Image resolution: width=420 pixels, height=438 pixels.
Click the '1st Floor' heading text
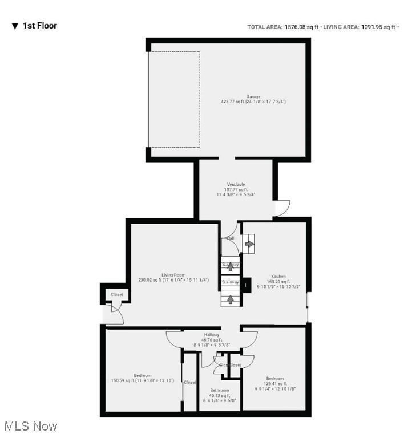click(x=39, y=26)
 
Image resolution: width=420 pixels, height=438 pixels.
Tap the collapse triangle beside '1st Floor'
click(x=15, y=26)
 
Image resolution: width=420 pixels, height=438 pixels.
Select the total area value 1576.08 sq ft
click(x=302, y=27)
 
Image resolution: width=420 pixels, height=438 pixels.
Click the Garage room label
click(x=253, y=96)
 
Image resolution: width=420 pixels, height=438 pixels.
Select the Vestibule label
click(x=236, y=185)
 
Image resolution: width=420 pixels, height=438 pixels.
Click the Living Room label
click(x=173, y=275)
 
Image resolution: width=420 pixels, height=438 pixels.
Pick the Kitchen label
click(x=278, y=276)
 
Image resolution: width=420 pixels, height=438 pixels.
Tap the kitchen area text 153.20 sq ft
click(x=278, y=282)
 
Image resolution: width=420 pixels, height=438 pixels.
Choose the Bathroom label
click(x=217, y=390)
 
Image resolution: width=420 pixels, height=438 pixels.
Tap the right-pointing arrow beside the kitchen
click(x=249, y=244)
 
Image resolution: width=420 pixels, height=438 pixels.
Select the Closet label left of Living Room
click(x=116, y=294)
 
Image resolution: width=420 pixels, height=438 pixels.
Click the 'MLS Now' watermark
click(x=30, y=426)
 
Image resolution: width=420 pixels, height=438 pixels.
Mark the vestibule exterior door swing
click(x=282, y=208)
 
